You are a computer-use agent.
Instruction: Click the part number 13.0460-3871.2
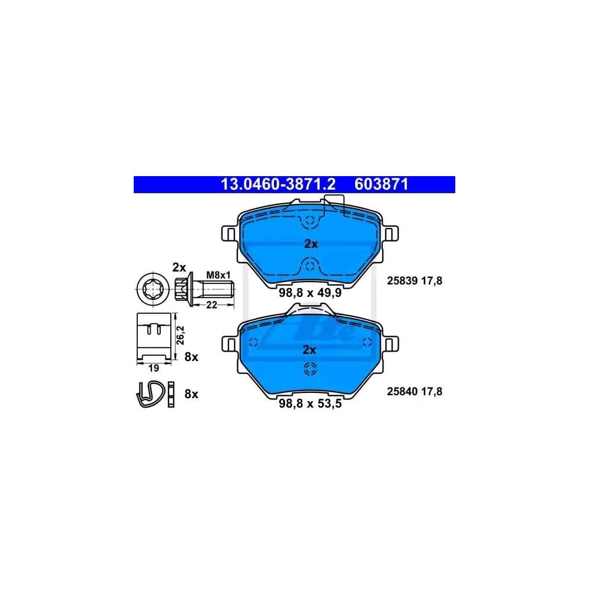click(277, 184)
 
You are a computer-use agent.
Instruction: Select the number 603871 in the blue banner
click(381, 184)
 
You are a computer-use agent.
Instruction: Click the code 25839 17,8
click(414, 281)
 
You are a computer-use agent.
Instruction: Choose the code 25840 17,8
click(414, 391)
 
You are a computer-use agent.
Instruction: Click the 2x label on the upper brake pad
click(310, 244)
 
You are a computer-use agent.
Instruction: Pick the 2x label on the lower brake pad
click(309, 350)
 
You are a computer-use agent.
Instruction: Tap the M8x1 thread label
click(217, 274)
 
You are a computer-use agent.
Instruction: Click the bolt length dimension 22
click(211, 304)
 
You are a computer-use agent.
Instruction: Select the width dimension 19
click(153, 368)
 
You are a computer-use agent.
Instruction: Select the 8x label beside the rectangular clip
click(191, 357)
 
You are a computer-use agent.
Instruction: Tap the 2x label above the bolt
click(179, 267)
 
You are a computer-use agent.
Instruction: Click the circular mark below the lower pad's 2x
click(309, 369)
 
